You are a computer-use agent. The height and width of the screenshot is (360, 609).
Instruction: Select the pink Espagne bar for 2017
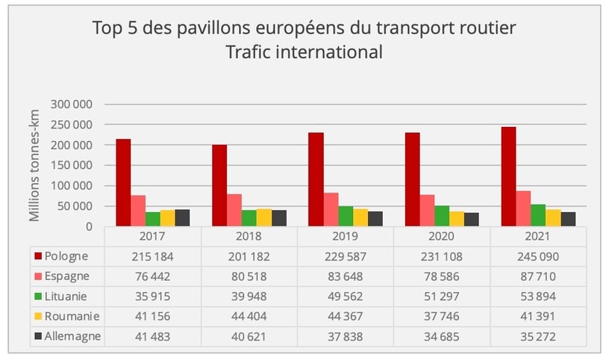tap(138, 211)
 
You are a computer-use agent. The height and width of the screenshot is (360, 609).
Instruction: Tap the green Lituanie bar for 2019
tap(346, 216)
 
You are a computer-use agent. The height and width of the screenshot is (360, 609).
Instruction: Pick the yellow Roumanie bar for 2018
tap(264, 217)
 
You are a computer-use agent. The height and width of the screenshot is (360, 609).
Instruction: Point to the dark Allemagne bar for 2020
tap(471, 219)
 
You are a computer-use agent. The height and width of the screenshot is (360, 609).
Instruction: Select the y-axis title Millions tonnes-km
tap(35, 166)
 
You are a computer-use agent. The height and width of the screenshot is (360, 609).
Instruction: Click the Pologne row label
tap(66, 255)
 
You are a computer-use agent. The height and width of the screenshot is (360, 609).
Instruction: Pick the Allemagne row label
tap(72, 337)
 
